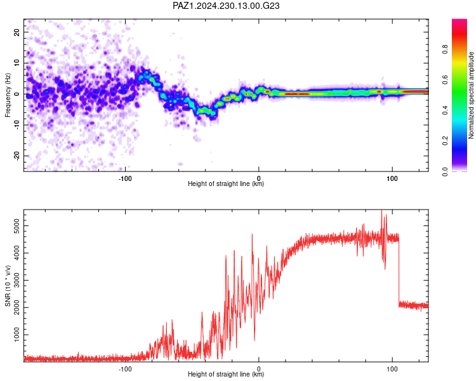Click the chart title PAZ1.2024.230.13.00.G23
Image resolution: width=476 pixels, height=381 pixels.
coord(226,6)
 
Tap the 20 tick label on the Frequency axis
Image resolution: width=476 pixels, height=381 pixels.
coord(17,32)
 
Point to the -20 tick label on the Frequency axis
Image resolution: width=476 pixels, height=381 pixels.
coord(17,156)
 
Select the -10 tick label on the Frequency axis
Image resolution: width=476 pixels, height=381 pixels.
coord(17,125)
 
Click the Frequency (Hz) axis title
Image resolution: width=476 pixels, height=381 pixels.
coord(8,95)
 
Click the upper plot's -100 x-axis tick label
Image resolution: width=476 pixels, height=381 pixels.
coord(125,178)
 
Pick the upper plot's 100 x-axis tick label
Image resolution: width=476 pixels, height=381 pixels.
coord(392,178)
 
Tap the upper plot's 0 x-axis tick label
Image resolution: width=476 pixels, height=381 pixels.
coord(259,178)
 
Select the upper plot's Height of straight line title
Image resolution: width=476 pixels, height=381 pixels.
coord(226,184)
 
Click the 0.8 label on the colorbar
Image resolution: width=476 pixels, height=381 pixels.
coord(445,49)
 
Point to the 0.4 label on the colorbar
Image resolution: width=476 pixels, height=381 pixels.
coord(445,110)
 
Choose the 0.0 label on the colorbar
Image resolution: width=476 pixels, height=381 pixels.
coord(445,171)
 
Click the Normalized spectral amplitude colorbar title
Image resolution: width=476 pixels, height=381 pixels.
coord(471,95)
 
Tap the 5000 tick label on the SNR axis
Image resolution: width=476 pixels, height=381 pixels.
coord(17,226)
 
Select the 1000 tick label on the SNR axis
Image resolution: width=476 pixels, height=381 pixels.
coord(17,335)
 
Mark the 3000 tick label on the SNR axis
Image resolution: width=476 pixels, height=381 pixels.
coord(17,280)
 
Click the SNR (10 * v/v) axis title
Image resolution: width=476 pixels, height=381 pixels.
coord(8,286)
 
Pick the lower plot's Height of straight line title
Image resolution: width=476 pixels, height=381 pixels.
coord(226,374)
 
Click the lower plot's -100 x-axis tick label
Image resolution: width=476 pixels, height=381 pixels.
coord(125,369)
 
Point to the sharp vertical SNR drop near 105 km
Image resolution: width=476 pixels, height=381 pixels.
coord(399,271)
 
